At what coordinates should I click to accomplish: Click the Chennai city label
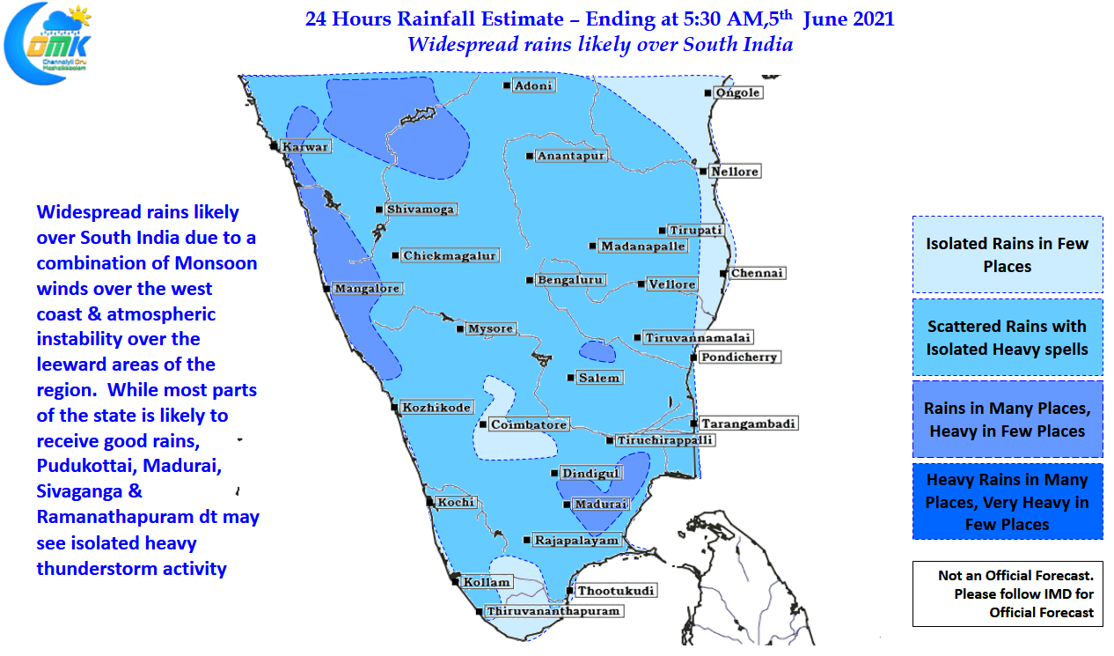pos(757,273)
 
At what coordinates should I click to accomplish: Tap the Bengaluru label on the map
pos(569,280)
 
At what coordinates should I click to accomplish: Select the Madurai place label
pos(601,505)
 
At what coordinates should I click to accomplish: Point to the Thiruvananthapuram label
pos(554,610)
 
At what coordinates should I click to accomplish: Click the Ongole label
pos(737,92)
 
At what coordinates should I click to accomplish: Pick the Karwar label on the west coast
pos(305,146)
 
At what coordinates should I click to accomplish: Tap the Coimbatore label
pos(529,424)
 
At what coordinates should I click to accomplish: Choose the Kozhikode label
pos(436,407)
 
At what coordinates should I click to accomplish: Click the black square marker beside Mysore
pos(459,329)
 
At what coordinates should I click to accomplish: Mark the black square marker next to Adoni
pos(507,85)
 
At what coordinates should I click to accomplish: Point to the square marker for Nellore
pos(703,171)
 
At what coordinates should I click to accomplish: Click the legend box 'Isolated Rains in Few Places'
pos(1007,254)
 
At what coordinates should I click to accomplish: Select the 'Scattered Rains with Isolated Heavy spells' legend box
pos(1007,337)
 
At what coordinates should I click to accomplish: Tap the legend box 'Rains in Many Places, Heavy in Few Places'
pos(1007,420)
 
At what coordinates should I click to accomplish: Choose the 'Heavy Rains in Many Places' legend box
pos(1007,501)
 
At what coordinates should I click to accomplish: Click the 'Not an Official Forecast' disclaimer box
pos(1007,593)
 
